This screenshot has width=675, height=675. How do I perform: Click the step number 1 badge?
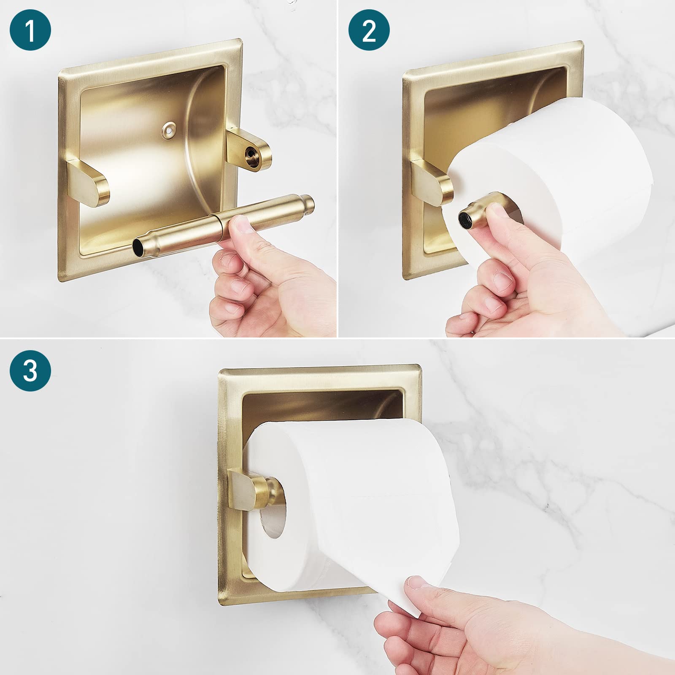(x=30, y=30)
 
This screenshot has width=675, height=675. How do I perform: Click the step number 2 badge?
(x=369, y=30)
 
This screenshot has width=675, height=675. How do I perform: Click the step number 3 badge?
(x=30, y=370)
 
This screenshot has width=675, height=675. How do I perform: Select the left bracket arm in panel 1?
(x=90, y=182)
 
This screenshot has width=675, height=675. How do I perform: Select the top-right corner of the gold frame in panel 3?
(x=419, y=366)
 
